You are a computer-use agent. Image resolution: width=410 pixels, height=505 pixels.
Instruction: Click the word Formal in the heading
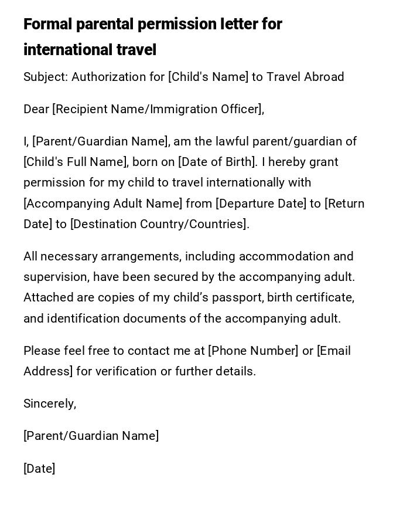coord(47,24)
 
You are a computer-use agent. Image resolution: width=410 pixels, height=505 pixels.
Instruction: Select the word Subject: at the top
coord(46,77)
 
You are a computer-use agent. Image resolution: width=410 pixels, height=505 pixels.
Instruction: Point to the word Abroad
coord(323,77)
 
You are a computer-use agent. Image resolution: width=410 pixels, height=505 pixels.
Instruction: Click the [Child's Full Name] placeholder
coord(76,162)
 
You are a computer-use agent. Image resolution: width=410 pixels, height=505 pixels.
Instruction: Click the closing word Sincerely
coord(49,404)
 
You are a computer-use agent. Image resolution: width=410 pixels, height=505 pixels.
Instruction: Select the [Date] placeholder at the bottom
coord(39,469)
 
